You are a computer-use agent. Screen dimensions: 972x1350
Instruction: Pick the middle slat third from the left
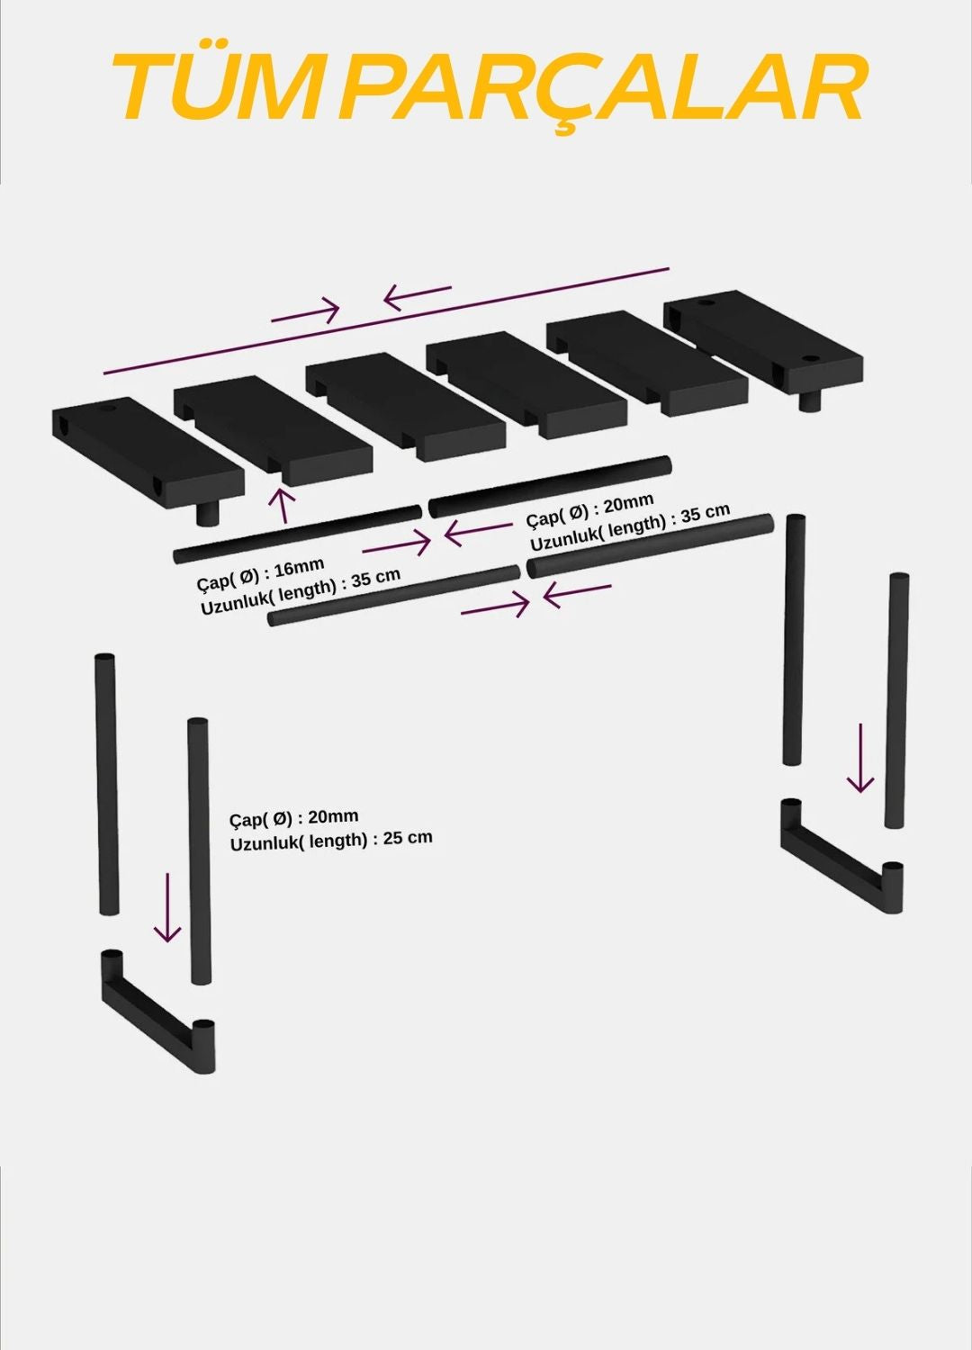[x=405, y=408]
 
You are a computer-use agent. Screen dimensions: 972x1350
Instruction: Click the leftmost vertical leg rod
[x=105, y=784]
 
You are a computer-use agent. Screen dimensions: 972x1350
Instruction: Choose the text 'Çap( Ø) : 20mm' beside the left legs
[x=293, y=819]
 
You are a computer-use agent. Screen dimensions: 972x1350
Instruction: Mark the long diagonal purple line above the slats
[x=386, y=320]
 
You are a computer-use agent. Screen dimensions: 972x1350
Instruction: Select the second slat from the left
[x=273, y=430]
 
